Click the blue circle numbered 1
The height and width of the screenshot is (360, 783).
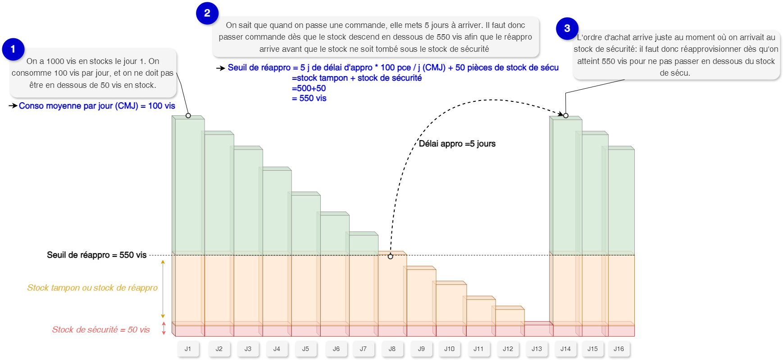(x=13, y=49)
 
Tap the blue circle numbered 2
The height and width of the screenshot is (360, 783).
(x=207, y=13)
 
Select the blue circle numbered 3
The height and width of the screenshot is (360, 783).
(x=567, y=28)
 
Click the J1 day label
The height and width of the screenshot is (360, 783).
(x=188, y=349)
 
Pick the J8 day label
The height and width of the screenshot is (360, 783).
(x=392, y=349)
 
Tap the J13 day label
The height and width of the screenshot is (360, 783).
(x=537, y=349)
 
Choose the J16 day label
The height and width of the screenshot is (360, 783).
(x=619, y=349)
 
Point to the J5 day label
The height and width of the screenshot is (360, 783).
(x=305, y=349)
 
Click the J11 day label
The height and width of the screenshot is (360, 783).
(x=478, y=349)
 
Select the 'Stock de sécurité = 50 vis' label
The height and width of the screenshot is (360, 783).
(x=101, y=330)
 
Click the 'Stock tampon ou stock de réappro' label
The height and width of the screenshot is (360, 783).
(x=92, y=288)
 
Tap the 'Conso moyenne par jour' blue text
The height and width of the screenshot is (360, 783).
(x=97, y=106)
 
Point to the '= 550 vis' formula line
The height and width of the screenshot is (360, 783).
(x=310, y=98)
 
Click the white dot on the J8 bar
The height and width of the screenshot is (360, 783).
(x=390, y=256)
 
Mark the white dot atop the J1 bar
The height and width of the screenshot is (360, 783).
(x=188, y=116)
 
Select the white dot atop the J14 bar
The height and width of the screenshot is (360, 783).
(x=566, y=116)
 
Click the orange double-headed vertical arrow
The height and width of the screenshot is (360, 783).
(x=163, y=289)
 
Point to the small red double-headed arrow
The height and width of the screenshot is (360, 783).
(x=164, y=328)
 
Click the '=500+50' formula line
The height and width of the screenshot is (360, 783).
(x=309, y=88)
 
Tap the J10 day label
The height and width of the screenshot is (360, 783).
(x=449, y=349)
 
